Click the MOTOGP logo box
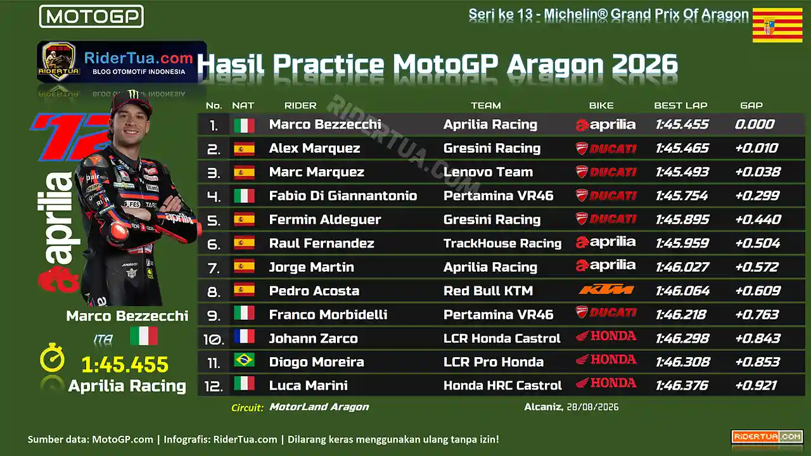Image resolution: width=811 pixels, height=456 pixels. tap(91, 16)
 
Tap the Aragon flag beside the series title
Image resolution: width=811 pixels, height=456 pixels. tap(777, 25)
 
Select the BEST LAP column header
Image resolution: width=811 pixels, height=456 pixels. tap(680, 106)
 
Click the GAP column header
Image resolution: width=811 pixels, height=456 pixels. tap(751, 106)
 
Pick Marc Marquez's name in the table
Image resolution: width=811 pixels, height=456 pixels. tap(316, 172)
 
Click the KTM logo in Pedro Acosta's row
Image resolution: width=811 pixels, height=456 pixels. tap(606, 289)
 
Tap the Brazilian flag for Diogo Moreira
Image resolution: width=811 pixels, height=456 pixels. tap(244, 360)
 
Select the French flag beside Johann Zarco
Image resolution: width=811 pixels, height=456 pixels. tap(244, 336)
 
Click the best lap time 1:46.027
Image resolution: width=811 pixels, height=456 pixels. tap(682, 267)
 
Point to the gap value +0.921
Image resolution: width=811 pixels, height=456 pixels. tap(756, 386)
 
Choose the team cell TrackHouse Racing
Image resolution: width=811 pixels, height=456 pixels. tap(502, 243)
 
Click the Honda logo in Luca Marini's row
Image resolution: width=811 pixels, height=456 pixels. tap(606, 383)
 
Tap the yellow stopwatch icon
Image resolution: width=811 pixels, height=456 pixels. tap(52, 358)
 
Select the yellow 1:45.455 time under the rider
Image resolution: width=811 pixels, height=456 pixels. tap(125, 364)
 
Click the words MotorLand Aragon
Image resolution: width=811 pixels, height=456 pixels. tap(319, 407)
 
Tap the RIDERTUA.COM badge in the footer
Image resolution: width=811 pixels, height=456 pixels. tap(767, 437)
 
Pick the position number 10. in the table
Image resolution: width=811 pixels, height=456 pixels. tap(214, 339)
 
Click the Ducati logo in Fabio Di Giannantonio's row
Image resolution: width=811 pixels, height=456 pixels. tap(606, 196)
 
